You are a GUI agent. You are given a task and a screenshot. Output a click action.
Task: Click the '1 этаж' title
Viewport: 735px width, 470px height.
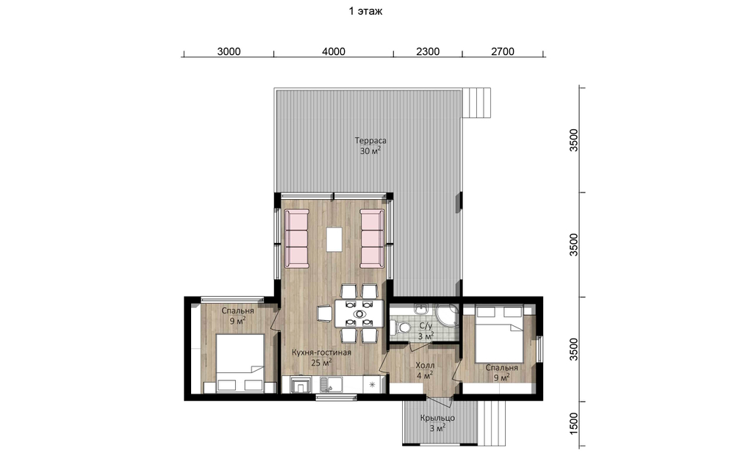point(365,11)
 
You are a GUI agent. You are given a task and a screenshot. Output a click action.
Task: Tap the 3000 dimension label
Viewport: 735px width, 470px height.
point(229,51)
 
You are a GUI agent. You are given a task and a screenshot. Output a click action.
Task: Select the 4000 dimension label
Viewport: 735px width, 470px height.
point(334,51)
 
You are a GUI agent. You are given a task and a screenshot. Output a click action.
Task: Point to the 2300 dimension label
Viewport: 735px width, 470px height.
point(428,51)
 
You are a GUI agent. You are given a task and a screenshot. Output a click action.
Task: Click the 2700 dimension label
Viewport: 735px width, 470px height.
point(503,51)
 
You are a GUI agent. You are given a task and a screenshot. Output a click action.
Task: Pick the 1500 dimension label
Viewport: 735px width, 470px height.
point(574,424)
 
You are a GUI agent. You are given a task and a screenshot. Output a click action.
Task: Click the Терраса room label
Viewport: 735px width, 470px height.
point(370,140)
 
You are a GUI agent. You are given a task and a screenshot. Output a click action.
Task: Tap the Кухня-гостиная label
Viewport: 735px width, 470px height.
point(322,352)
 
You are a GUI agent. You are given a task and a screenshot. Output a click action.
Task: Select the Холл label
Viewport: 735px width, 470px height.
point(425,365)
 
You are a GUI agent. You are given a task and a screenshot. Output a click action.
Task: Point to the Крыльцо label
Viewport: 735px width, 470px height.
point(437,418)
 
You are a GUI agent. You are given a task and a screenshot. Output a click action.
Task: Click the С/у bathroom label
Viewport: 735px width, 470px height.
point(426,326)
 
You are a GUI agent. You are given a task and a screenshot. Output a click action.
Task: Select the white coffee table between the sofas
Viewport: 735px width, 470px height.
point(334,239)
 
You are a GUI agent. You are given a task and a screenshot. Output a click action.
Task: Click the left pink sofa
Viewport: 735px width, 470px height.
point(297,239)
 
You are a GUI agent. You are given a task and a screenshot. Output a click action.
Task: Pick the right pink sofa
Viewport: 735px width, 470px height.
point(372,239)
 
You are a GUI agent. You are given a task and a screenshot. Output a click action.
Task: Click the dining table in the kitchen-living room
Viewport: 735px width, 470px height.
point(359,314)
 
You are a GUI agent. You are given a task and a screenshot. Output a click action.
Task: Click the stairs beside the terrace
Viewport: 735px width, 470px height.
point(477,103)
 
